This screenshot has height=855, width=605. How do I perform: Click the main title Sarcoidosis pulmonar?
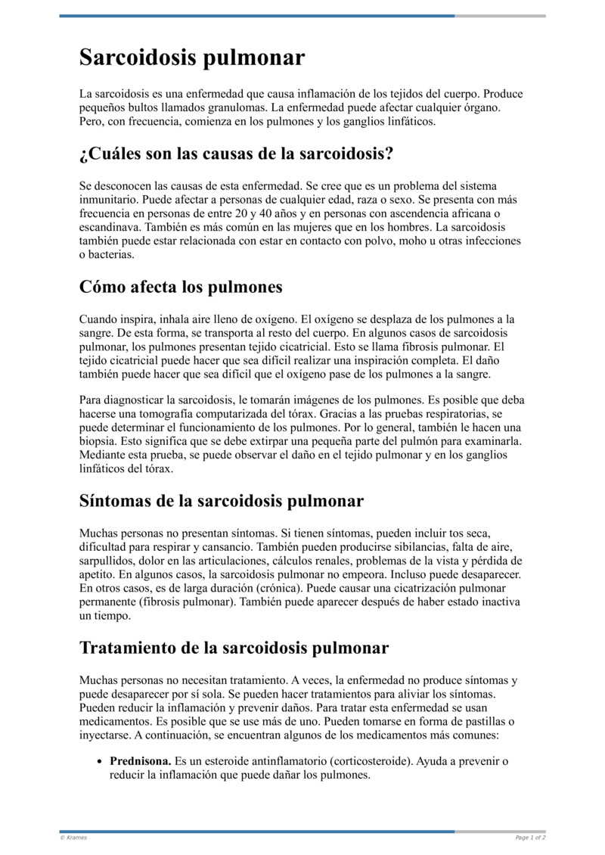pyautogui.click(x=192, y=58)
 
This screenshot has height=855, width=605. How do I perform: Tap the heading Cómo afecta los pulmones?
pyautogui.click(x=181, y=288)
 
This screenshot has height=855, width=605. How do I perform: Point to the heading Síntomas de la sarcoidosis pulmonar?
pyautogui.click(x=222, y=501)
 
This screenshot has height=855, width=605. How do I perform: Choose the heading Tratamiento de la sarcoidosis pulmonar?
pyautogui.click(x=234, y=648)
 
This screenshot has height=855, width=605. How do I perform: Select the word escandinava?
pyautogui.click(x=111, y=227)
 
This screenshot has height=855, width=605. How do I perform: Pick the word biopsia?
pyautogui.click(x=98, y=441)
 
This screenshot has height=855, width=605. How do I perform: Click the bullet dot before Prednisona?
pyautogui.click(x=99, y=762)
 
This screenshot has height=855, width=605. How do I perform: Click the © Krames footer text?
pyautogui.click(x=73, y=838)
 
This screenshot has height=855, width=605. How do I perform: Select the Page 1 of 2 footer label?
pyautogui.click(x=530, y=838)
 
